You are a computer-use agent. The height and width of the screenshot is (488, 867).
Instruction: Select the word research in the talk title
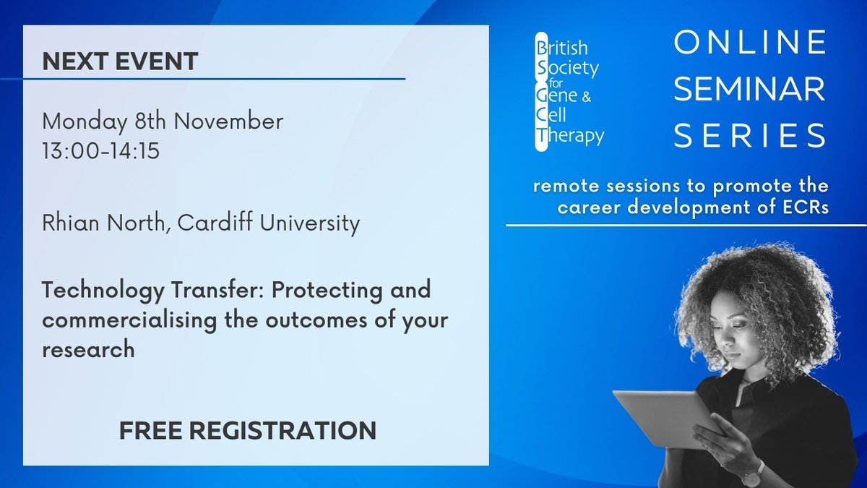pos(88,349)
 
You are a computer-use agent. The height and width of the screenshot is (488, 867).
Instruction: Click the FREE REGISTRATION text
pos(248,431)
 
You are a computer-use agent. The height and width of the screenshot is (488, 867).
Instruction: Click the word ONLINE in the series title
pos(750,43)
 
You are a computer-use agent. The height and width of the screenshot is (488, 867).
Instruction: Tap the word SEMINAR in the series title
pos(750,90)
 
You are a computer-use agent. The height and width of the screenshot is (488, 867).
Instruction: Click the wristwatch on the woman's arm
pos(751,473)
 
